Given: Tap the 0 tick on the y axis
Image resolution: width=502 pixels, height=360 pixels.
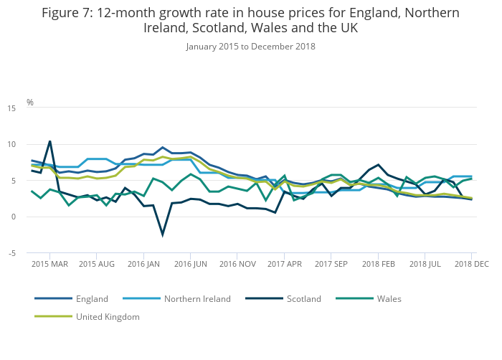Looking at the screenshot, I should point(13,217).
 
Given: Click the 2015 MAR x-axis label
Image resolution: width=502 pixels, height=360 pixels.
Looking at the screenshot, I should point(49,264).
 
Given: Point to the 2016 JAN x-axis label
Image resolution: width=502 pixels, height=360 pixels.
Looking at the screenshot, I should point(143,264).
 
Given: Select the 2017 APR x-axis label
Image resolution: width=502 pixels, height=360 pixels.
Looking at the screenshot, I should point(285,264).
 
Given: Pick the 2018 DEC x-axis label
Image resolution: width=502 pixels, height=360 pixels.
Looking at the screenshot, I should point(472,264).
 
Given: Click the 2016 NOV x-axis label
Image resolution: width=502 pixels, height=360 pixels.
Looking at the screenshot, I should point(238,264).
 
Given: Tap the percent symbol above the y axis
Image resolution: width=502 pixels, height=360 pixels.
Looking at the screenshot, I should point(30,103).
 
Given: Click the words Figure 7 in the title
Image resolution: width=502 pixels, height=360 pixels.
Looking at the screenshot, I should point(67,12).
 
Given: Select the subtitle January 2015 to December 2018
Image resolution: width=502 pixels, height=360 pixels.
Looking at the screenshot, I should point(250,47).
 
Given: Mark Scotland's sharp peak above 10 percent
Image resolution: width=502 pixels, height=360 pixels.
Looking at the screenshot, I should point(49,141).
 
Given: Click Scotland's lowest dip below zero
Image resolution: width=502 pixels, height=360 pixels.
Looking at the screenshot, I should point(163,235).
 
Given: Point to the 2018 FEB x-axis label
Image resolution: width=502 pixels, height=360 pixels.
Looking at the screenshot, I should point(379,264).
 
